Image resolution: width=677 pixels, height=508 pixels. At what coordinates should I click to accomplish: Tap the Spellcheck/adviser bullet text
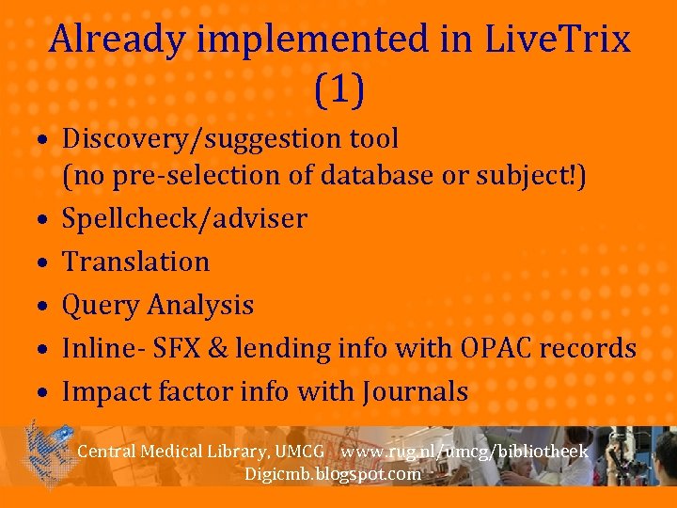[184, 219]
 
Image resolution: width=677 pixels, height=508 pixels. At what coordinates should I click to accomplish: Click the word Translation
[135, 262]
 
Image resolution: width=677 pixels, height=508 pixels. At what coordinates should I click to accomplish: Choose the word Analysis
[202, 305]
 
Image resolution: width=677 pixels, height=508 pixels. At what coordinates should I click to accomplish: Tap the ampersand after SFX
[219, 348]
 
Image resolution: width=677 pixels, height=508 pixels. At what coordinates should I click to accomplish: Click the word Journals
[414, 391]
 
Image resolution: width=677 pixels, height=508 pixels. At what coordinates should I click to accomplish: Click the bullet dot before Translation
[44, 263]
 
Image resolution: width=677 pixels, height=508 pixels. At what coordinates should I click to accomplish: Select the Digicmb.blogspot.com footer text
[332, 474]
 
